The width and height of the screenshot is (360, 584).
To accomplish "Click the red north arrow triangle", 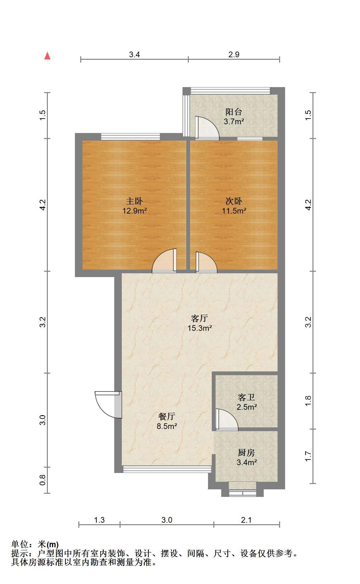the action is click(x=48, y=56).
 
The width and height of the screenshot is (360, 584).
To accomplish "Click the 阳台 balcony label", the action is click(x=234, y=112).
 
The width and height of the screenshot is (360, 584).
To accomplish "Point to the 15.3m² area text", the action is click(x=200, y=328).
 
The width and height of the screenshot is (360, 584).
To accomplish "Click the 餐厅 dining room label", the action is click(x=166, y=416).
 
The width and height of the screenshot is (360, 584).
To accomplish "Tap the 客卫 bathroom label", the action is click(x=246, y=397).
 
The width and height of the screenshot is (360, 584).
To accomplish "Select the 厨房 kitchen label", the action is click(x=246, y=453).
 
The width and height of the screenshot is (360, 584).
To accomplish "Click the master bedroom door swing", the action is click(x=165, y=261).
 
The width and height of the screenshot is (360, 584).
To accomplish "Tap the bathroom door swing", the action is click(x=227, y=420).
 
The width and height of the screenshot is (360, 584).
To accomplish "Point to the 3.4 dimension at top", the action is click(x=134, y=54).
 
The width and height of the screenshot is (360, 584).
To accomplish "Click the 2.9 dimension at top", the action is click(x=234, y=54).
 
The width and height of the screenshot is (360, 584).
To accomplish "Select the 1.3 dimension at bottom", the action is click(x=99, y=520).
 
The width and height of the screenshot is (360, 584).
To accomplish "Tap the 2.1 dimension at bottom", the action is click(x=246, y=520).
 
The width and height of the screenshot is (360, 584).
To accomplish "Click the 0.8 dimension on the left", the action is click(x=43, y=480).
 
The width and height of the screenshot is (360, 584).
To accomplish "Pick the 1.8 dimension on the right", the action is click(x=308, y=401).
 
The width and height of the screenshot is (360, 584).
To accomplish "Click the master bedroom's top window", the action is click(x=131, y=136).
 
